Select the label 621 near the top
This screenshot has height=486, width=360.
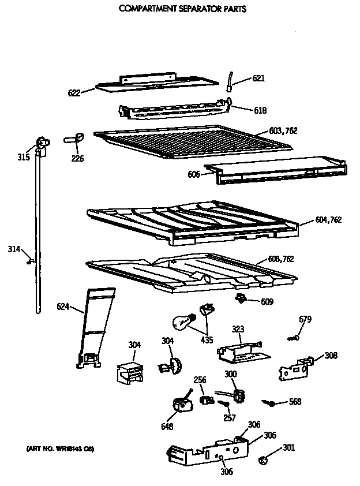coord(258,78)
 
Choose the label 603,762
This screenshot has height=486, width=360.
coord(283,131)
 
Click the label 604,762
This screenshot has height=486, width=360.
coord(329,219)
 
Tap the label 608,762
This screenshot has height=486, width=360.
coord(280,259)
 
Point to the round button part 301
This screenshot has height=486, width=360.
coord(263,461)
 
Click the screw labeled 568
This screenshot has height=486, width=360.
coord(268,402)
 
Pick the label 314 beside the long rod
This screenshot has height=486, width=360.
coord(14,249)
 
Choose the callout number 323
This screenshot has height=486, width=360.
coord(237,329)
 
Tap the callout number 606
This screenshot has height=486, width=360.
coord(193,174)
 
